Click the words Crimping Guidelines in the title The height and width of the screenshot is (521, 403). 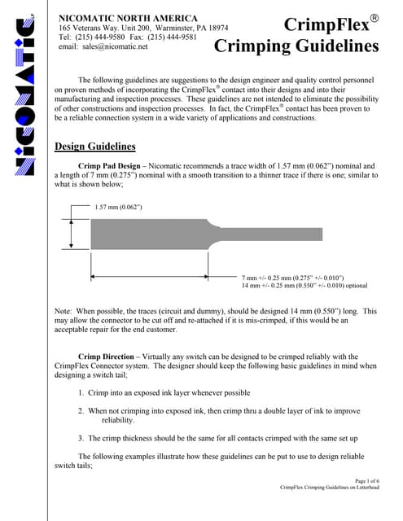[296, 46]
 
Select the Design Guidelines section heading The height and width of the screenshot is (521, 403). [94, 147]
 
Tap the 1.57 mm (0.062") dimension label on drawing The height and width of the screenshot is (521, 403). [119, 207]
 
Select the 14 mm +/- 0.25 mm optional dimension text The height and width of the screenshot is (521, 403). [304, 287]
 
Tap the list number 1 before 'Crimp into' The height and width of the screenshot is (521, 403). [80, 392]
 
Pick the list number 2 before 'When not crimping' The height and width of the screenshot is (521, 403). [80, 411]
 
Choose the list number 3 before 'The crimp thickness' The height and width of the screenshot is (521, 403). [80, 438]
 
